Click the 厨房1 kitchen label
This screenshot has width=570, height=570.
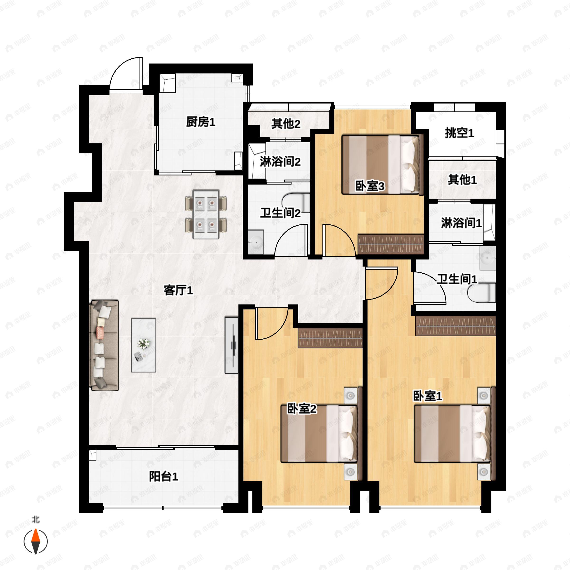point(201,122)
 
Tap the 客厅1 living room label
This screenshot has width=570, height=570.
point(178,291)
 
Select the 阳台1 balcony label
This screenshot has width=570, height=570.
point(163,476)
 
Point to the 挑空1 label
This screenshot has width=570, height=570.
point(459,133)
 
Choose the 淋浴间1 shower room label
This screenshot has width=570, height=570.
point(461,223)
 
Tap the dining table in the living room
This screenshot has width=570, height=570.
point(206,214)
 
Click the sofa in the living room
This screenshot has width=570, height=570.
point(104,345)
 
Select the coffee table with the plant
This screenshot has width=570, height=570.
point(143,345)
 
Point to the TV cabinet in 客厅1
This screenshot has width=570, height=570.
point(231,345)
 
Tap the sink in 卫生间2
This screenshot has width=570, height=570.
point(256,242)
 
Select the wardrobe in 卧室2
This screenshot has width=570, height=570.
point(330,338)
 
